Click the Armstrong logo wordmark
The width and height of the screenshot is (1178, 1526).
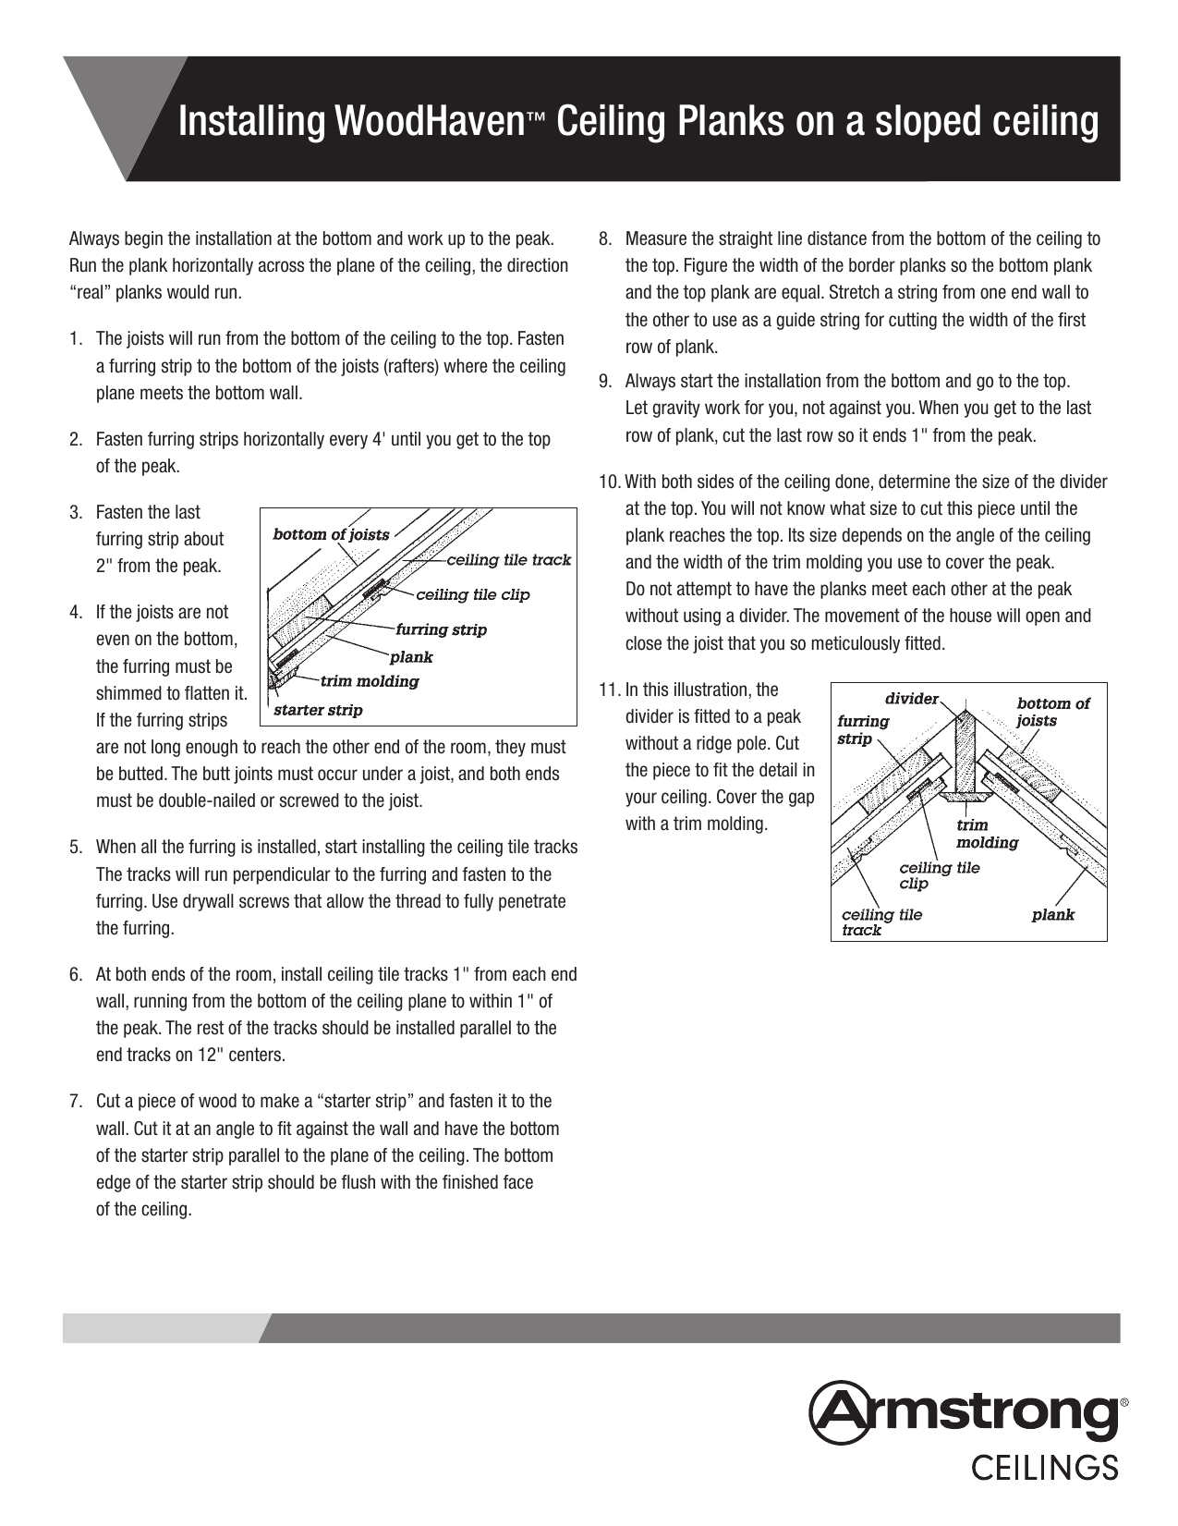[965, 1412]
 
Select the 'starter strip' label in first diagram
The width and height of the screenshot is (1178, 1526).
[318, 711]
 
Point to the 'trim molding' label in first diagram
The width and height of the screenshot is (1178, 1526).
[369, 682]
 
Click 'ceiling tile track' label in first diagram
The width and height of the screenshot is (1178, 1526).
[508, 560]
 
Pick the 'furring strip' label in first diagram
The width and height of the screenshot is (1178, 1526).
[441, 630]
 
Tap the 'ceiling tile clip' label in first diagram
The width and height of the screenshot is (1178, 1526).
[472, 594]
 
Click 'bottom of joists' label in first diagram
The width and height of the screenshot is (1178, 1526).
[330, 534]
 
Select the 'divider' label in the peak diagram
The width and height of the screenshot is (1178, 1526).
[911, 699]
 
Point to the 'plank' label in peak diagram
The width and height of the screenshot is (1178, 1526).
[1052, 915]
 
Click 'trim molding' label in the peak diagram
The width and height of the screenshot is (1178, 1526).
[986, 834]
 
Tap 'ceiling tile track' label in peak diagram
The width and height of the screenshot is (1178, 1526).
[880, 922]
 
